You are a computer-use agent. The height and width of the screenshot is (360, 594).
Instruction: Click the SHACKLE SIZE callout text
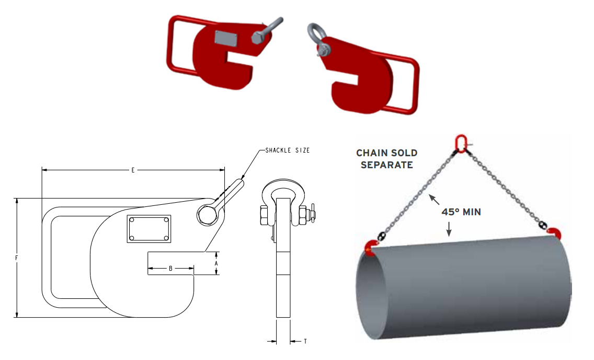(287, 150)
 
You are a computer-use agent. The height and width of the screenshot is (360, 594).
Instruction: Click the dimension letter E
(133, 170)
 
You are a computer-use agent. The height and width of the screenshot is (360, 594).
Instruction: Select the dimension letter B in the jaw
(170, 269)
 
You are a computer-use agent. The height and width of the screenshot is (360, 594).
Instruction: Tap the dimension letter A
(216, 264)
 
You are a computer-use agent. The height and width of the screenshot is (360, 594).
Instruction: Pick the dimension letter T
(305, 342)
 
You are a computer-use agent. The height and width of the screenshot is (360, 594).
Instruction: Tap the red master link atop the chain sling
(461, 142)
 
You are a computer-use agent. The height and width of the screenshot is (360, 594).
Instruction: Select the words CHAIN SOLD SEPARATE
(386, 159)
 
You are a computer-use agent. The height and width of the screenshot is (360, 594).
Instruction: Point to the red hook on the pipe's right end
(553, 233)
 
